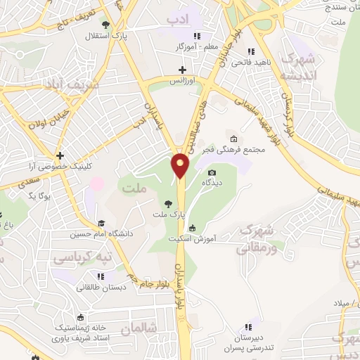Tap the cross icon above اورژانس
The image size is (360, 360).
[x=184, y=70]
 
